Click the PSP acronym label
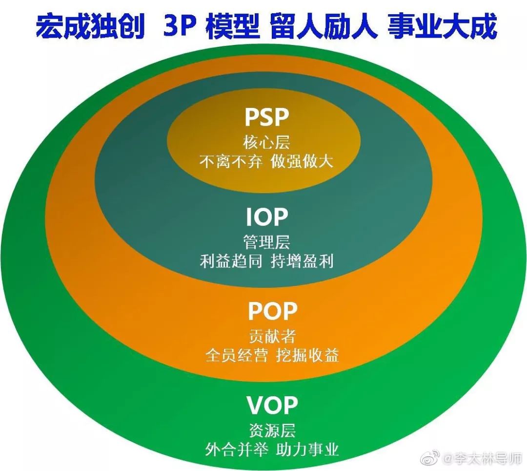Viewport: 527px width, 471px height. click(267, 117)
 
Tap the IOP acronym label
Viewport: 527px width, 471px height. click(267, 217)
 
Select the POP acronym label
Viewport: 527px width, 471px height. click(273, 311)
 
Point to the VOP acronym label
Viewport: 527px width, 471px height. click(272, 405)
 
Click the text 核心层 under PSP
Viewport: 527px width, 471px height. click(266, 143)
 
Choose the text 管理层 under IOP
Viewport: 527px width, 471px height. click(266, 242)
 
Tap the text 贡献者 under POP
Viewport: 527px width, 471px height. click(272, 336)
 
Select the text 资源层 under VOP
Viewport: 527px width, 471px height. click(272, 430)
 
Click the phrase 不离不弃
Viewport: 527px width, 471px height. click(230, 162)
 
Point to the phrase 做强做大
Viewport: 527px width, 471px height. click(302, 162)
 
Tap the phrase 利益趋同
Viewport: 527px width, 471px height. click(231, 261)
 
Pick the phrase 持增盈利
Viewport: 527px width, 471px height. click(302, 261)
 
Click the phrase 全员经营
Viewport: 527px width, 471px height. click(237, 355)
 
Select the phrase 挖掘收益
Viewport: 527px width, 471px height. click(307, 355)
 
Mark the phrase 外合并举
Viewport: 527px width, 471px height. click(237, 450)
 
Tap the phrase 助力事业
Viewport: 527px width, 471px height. click(307, 450)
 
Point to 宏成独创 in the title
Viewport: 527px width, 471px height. click(90, 25)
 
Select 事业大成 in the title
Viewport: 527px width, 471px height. click(442, 25)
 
